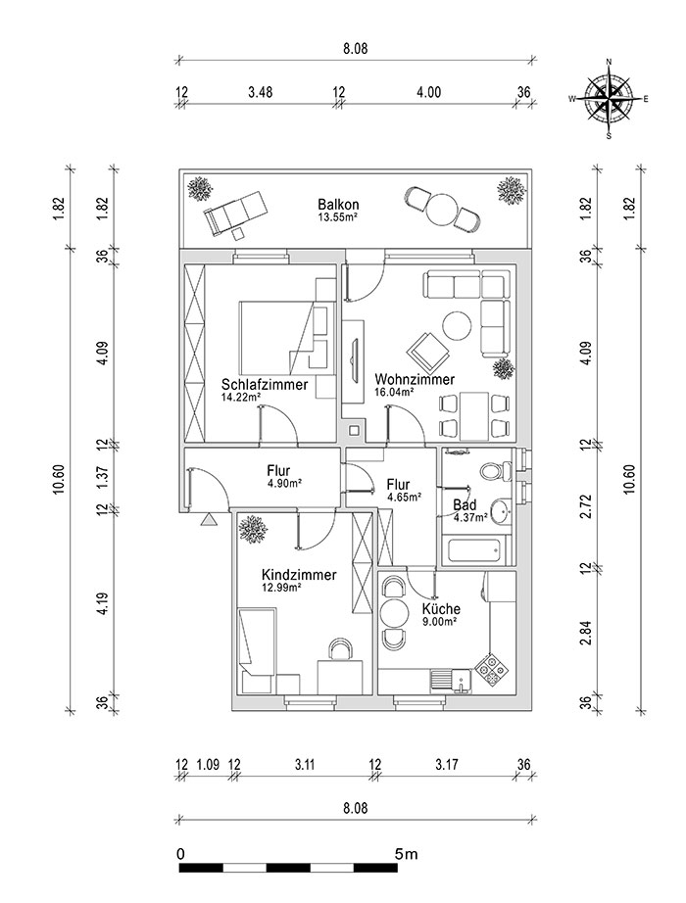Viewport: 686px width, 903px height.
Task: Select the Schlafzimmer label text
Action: point(264,385)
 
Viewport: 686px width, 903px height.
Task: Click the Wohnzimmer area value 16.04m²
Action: point(394,392)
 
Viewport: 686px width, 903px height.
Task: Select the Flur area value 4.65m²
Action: point(403,498)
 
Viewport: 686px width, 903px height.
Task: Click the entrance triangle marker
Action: point(208,520)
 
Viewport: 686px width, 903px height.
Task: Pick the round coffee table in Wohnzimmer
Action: point(456,324)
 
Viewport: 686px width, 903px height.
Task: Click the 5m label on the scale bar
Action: point(406,854)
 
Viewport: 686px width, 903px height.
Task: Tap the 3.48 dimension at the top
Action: point(260,93)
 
